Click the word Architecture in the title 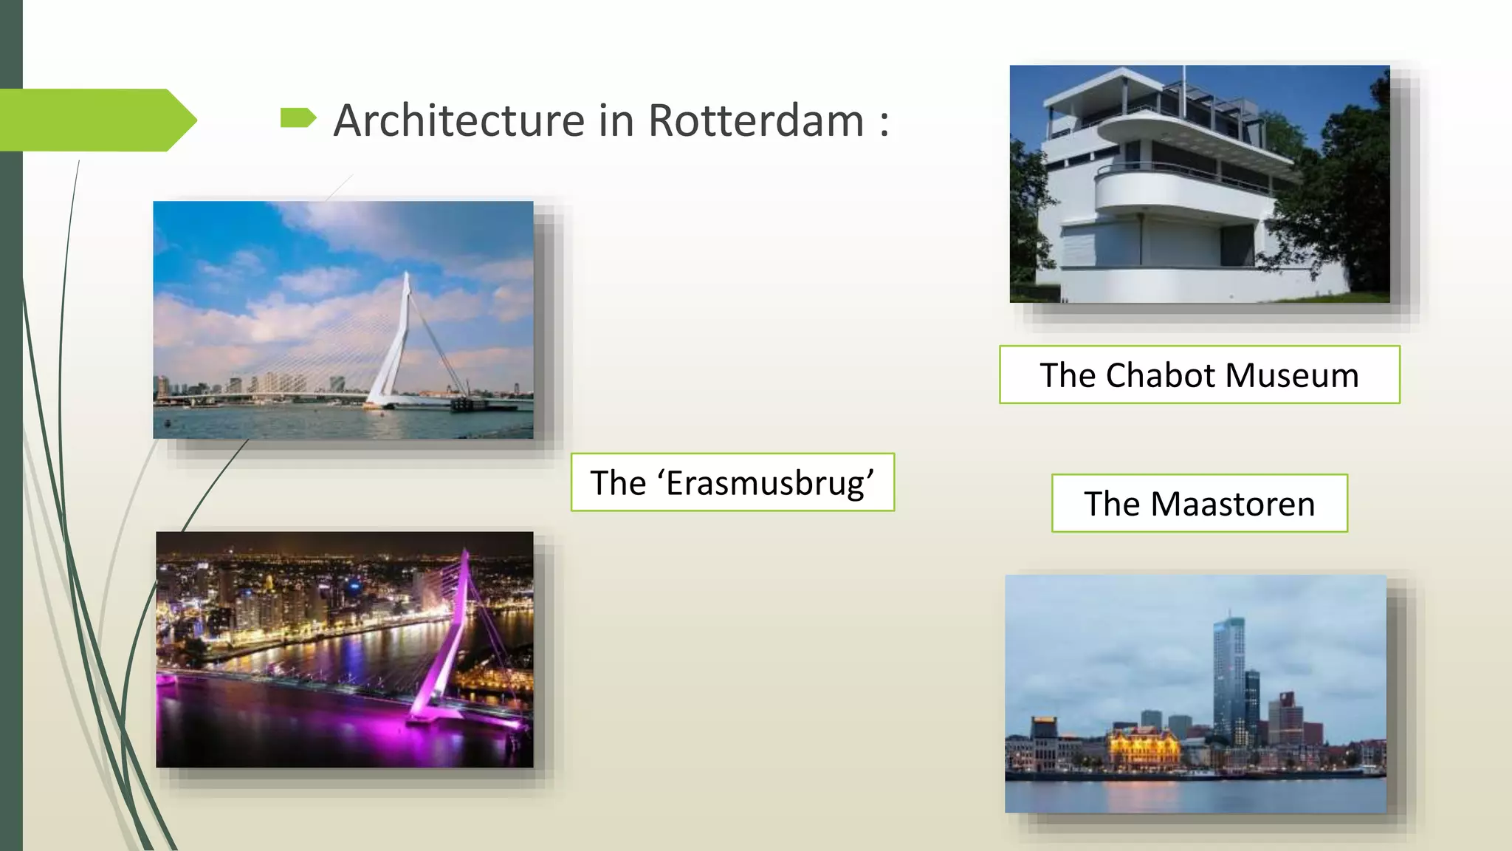tap(458, 120)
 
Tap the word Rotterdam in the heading tap(755, 120)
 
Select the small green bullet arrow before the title tap(298, 117)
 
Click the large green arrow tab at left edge tap(96, 120)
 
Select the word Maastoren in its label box tap(1232, 504)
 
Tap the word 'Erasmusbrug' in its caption tap(770, 483)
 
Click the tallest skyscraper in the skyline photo tap(1228, 672)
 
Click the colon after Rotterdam tap(884, 122)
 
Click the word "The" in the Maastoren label tap(1112, 504)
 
